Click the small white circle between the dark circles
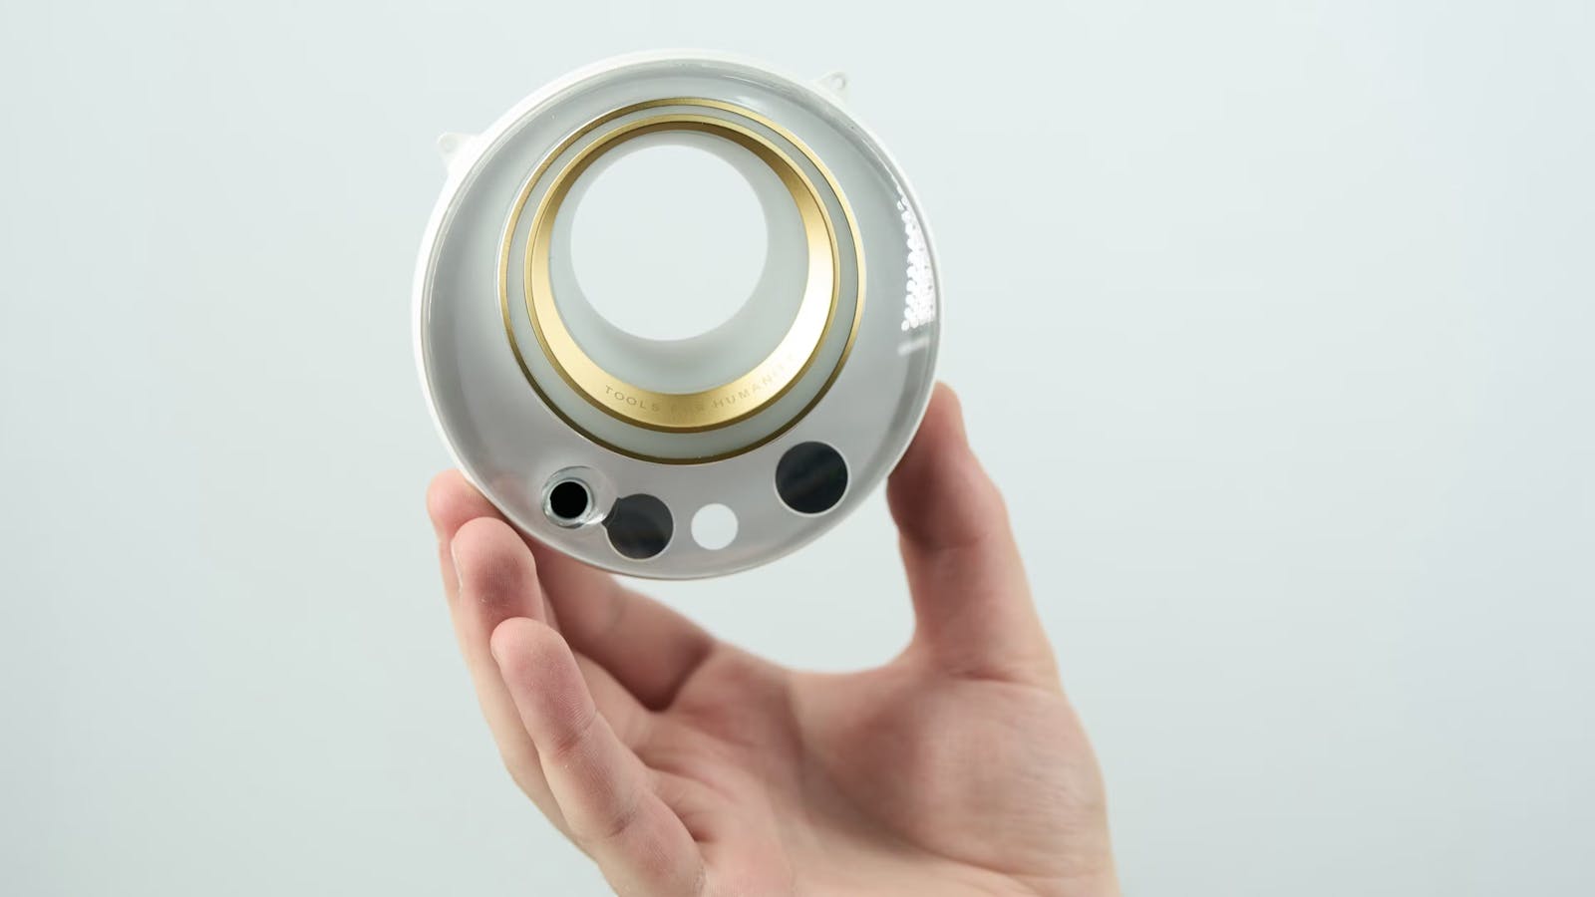point(715,526)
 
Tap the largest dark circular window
point(811,477)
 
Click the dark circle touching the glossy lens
point(640,525)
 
